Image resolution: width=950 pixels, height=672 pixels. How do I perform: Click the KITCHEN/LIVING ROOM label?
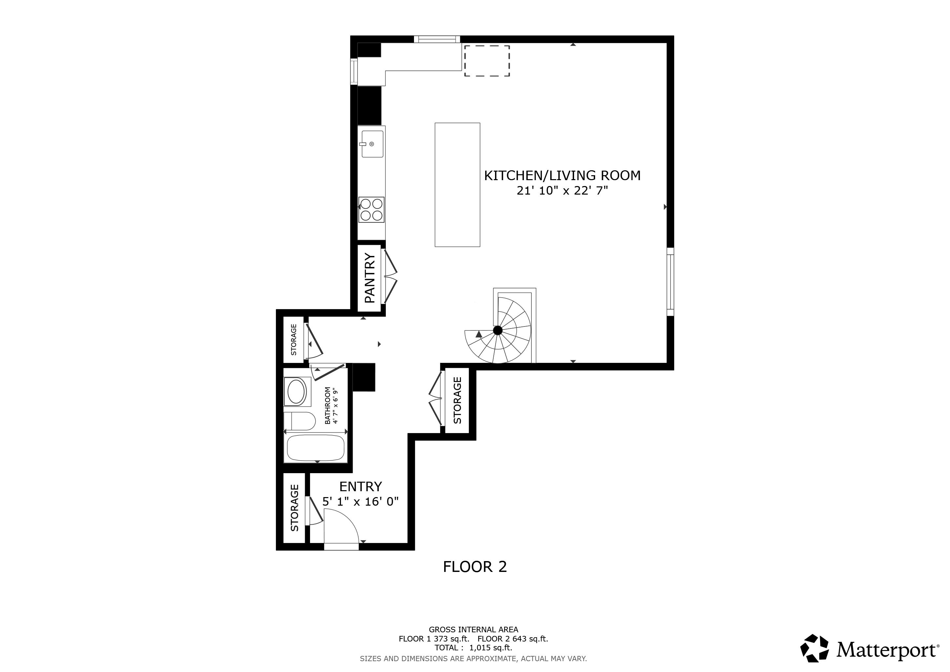562,176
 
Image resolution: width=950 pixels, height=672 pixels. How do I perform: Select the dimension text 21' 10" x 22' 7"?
562,191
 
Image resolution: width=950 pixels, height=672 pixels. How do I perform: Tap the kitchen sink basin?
372,144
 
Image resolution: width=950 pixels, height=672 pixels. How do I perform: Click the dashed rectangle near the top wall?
486,61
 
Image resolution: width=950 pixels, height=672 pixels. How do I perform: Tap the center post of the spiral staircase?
498,330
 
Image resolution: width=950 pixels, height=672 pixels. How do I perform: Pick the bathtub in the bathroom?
316,448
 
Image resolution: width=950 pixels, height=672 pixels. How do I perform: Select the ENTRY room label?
361,486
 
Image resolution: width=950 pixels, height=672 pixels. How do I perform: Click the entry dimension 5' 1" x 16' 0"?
361,501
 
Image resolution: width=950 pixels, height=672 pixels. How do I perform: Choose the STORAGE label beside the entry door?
294,508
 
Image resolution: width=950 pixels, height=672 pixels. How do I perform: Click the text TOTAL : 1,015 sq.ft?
473,648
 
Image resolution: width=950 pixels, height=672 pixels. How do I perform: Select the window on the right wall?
670,282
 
